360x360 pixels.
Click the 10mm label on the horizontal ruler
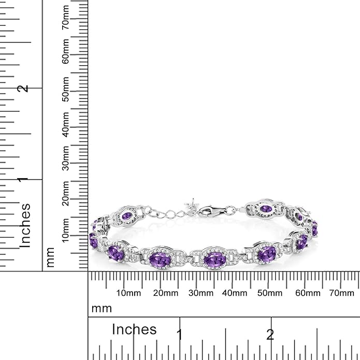(x=128, y=293)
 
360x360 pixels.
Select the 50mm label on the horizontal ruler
(x=270, y=293)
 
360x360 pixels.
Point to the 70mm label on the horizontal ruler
(x=341, y=293)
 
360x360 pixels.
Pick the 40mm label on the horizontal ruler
(x=235, y=293)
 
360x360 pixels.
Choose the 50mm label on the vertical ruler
(x=66, y=89)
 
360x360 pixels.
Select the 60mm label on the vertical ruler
(x=66, y=54)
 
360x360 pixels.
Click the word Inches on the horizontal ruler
(x=134, y=329)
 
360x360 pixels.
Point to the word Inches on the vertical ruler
(x=24, y=225)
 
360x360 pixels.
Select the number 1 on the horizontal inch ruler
(x=179, y=334)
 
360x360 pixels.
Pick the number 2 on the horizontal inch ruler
(x=270, y=334)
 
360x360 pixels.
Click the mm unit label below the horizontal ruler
(x=101, y=308)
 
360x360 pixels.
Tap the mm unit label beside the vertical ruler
(x=50, y=259)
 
